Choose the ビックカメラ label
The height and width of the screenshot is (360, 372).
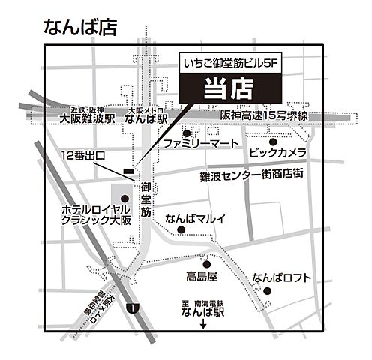pos(277,153)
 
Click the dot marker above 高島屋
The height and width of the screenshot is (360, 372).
pos(205,263)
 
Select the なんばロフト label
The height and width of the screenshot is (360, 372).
pos(281,277)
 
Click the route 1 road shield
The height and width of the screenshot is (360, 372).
pos(133,308)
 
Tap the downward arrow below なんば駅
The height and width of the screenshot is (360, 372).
pos(205,325)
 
